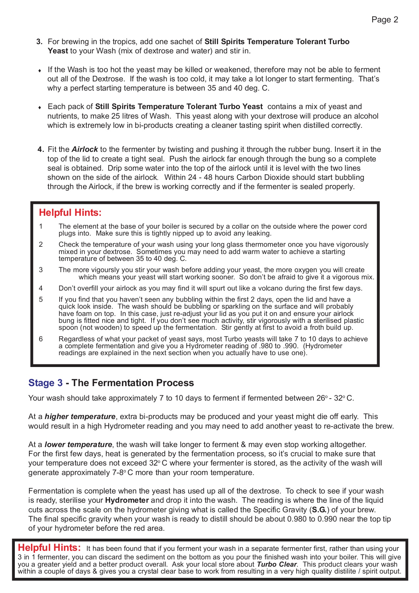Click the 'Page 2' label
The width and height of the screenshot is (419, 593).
(384, 20)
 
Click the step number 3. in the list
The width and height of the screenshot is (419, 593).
(40, 42)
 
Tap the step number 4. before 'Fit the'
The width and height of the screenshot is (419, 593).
(41, 150)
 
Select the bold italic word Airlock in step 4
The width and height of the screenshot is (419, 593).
(85, 150)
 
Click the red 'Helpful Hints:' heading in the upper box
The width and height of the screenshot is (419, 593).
(70, 213)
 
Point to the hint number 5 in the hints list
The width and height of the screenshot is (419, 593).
(41, 299)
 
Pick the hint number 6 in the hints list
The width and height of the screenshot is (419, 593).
(41, 339)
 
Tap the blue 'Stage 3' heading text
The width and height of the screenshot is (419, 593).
(45, 383)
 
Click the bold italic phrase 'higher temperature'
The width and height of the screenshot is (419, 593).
(80, 417)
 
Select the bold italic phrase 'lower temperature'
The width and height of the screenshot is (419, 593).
(78, 445)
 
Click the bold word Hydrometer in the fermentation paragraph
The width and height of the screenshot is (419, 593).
(127, 500)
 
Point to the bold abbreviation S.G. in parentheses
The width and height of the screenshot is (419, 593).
(319, 510)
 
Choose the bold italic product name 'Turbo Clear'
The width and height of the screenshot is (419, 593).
(277, 564)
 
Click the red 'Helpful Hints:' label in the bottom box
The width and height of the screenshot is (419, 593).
(49, 548)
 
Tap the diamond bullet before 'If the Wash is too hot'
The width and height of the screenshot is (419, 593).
(40, 71)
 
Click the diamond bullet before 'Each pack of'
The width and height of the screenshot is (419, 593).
(40, 107)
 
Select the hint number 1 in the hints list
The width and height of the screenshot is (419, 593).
(41, 226)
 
